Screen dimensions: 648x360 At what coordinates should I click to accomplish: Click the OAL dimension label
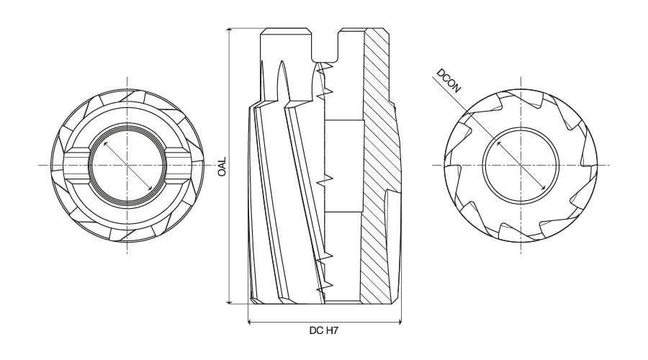coord(222,166)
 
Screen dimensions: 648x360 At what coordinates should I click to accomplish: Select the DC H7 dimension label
coord(323,330)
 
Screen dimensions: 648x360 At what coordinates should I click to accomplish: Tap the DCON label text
coord(449,81)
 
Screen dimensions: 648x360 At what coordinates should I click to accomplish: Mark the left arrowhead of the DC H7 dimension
coord(251,322)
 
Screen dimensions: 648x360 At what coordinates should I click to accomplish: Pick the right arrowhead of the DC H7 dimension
coord(398,322)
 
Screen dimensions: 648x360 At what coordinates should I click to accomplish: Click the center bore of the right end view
coord(521,166)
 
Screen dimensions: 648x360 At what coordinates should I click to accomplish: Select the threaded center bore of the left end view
coord(127,166)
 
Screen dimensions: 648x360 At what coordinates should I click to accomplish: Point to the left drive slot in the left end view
coord(77,166)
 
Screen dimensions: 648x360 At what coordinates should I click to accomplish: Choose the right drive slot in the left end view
coord(179,166)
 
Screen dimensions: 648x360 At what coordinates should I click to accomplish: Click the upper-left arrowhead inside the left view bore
coord(106,144)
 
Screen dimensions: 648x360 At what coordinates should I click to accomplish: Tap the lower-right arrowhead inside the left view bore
coord(150,187)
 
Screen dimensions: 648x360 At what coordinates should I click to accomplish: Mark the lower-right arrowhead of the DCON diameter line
coord(544,188)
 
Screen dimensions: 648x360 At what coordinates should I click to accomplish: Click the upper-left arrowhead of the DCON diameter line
coord(499,143)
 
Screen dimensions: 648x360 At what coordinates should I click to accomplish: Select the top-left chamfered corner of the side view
coord(262,31)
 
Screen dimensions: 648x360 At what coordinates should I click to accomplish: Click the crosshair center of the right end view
coord(521,166)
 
